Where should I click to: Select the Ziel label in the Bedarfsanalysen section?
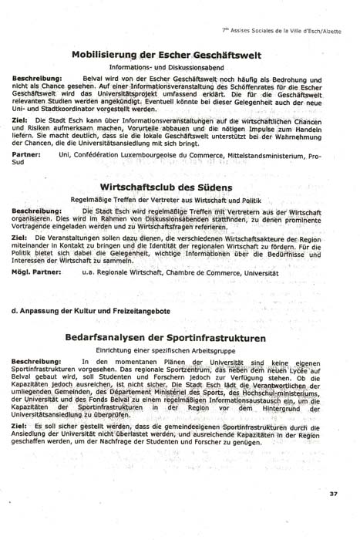tap(22, 425)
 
